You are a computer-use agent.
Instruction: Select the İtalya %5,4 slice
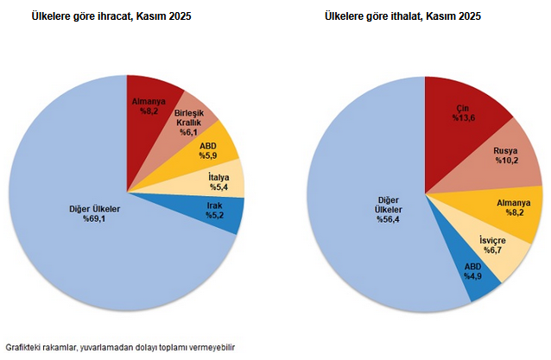coord(218,181)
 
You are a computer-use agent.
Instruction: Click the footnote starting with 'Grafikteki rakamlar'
coord(120,347)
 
